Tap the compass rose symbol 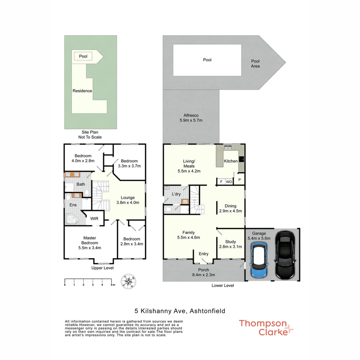tap(129, 282)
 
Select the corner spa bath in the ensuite tap(72, 220)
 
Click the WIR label tap(94, 219)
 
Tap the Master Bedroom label tap(90, 243)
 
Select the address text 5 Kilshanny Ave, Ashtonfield tap(180, 311)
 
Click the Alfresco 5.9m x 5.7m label tap(191, 118)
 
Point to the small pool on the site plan tap(83, 56)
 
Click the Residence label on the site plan tap(82, 91)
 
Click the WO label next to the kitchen tap(229, 182)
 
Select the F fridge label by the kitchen tap(221, 182)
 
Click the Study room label tap(230, 244)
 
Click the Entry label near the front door tap(203, 254)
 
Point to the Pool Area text tap(255, 64)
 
